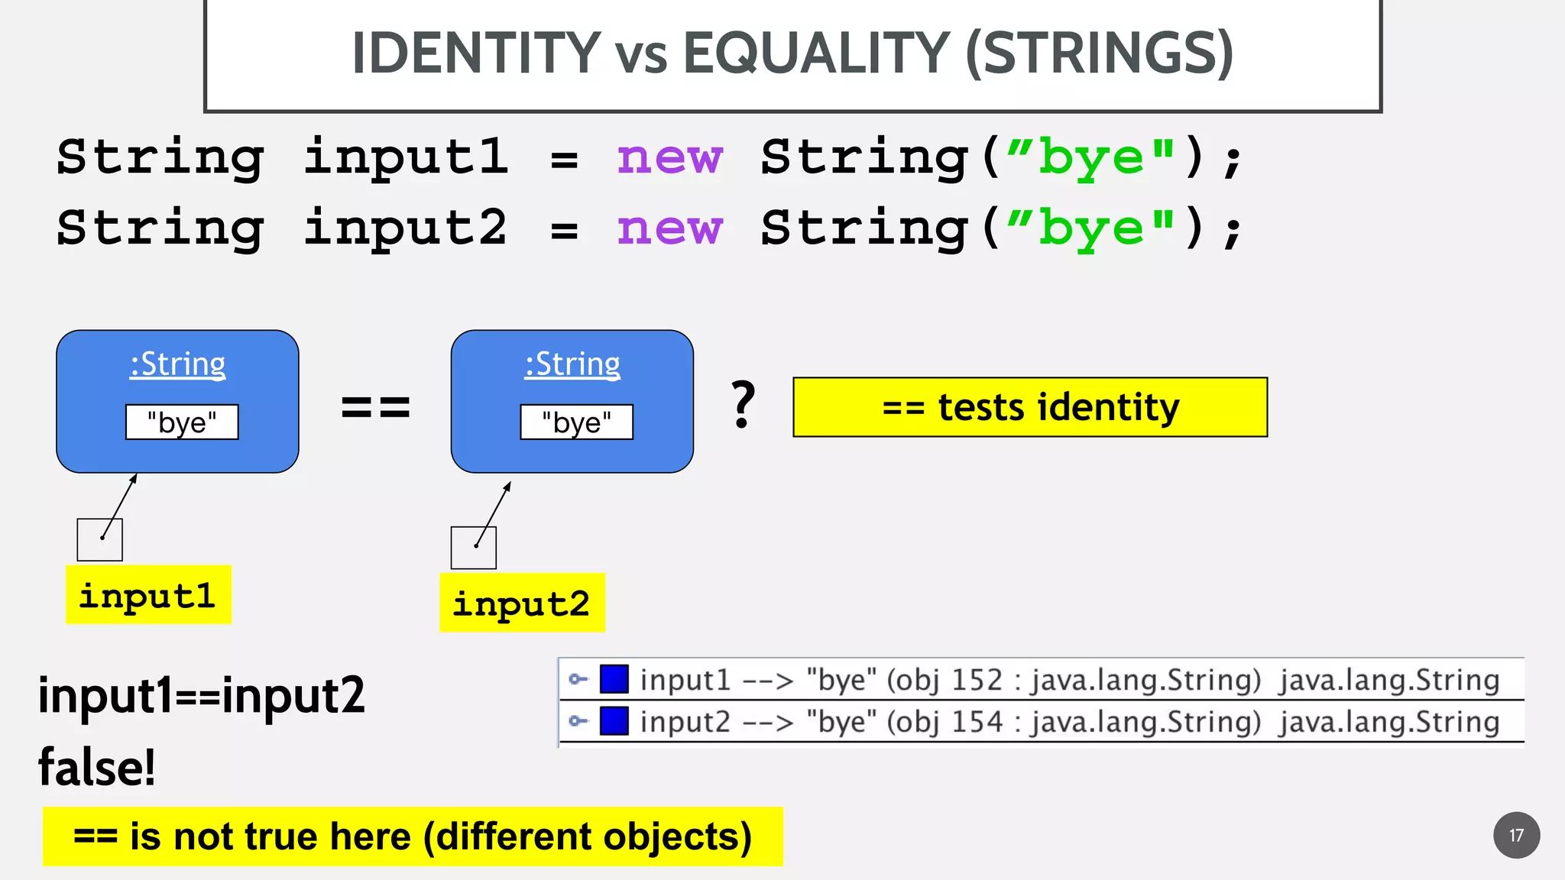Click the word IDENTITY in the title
click(475, 53)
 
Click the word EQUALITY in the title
click(815, 53)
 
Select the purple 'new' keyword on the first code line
click(669, 158)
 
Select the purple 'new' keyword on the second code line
click(669, 228)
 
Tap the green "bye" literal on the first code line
click(1090, 158)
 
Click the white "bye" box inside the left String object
click(182, 422)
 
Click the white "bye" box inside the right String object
click(577, 422)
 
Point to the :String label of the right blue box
click(572, 364)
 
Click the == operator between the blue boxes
click(375, 407)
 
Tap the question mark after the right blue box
click(743, 405)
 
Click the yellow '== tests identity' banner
click(1030, 407)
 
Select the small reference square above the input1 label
click(100, 540)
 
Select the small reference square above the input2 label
click(474, 548)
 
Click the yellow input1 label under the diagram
click(148, 595)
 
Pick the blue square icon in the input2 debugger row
click(614, 721)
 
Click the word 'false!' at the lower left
click(97, 767)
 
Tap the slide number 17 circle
click(1516, 835)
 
